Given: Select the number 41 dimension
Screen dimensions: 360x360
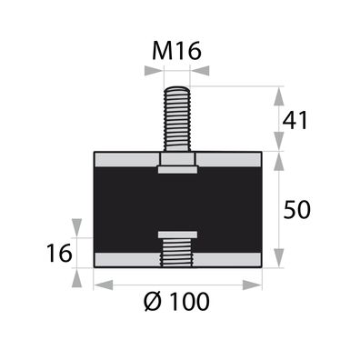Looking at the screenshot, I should [296, 118].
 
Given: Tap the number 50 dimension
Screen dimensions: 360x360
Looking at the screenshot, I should [296, 209].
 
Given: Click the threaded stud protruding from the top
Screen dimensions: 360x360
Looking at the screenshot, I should [177, 118].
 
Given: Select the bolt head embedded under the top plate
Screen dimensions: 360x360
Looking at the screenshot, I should [177, 168].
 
